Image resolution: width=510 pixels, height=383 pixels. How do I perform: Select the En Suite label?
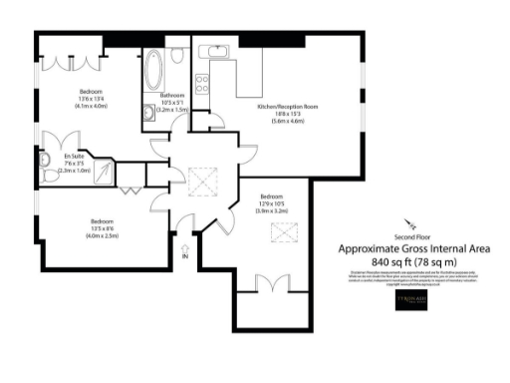coord(73,158)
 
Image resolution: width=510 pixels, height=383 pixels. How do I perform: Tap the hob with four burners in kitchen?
coord(202,80)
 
